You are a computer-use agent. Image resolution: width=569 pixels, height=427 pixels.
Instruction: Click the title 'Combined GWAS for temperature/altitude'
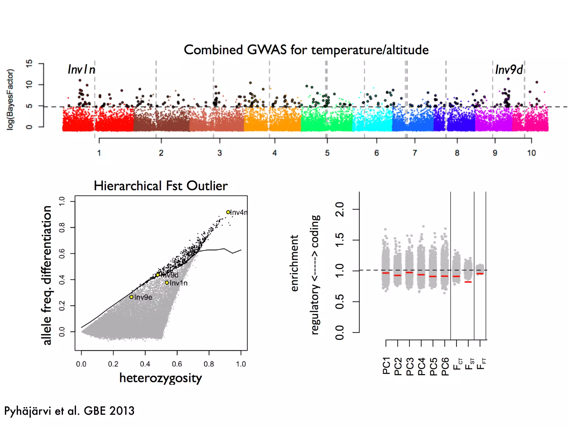(306, 50)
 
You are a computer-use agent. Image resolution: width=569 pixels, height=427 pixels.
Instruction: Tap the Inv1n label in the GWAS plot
(81, 69)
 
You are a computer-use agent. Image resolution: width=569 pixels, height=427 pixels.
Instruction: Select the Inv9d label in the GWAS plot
(509, 69)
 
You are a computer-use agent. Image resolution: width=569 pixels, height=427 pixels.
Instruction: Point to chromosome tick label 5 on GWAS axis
(327, 153)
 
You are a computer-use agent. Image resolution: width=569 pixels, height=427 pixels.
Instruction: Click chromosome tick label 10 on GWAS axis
(531, 153)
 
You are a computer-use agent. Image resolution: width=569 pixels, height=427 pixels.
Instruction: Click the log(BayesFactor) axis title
(10, 99)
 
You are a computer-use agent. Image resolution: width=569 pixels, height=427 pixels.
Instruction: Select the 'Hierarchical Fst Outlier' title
(161, 186)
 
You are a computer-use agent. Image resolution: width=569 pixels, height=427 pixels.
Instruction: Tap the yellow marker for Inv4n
(228, 212)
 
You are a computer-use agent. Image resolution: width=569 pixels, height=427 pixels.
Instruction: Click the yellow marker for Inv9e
(131, 297)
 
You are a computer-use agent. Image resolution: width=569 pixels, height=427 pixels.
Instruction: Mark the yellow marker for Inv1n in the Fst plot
(167, 282)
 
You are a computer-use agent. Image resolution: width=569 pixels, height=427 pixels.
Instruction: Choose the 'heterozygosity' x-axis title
(161, 378)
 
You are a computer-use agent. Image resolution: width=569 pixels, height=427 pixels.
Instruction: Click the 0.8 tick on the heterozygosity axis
(209, 364)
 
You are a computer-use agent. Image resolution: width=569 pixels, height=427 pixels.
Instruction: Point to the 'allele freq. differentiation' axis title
(46, 275)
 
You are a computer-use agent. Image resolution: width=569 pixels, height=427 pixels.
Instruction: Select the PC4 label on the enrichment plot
(421, 366)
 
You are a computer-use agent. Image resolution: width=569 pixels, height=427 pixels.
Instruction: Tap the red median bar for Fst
(468, 282)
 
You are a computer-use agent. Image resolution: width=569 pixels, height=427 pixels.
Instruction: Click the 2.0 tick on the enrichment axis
(340, 209)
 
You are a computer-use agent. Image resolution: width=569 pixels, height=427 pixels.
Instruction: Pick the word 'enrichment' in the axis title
(294, 263)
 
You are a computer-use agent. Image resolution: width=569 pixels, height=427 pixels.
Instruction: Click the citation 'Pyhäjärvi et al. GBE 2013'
(69, 411)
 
